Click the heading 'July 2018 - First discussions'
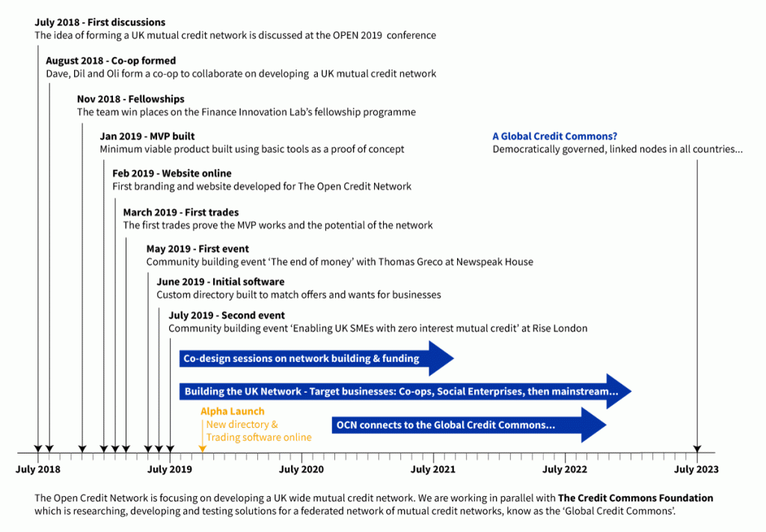click(x=99, y=22)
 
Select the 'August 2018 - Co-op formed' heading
click(x=111, y=61)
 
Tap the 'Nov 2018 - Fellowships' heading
click(x=130, y=99)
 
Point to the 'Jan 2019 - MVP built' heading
click(x=147, y=136)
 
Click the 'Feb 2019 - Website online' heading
click(x=172, y=174)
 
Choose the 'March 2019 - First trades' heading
click(x=181, y=213)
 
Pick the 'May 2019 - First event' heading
click(x=197, y=249)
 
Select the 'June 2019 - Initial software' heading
click(x=221, y=282)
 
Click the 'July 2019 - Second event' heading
click(x=227, y=316)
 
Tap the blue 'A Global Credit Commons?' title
click(x=554, y=136)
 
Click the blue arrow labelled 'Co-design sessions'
click(x=316, y=358)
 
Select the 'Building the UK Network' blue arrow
click(x=405, y=391)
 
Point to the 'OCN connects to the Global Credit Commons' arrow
click(x=469, y=425)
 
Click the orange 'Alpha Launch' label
click(x=233, y=412)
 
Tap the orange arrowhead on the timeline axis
click(x=202, y=449)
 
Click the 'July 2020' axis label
click(x=301, y=469)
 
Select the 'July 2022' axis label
click(x=565, y=469)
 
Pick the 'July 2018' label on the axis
click(x=38, y=469)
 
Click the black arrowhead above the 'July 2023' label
click(x=697, y=449)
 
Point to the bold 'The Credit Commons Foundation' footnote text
click(x=636, y=498)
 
